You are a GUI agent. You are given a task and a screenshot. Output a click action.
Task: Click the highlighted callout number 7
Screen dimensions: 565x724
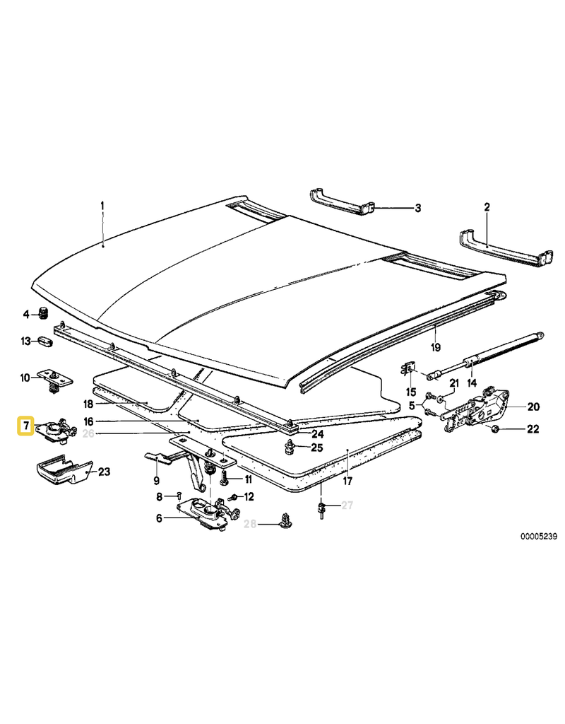point(26,425)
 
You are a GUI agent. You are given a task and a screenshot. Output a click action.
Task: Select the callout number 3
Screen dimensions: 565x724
point(418,209)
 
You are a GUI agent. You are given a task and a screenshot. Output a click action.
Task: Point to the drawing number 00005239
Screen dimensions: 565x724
point(539,537)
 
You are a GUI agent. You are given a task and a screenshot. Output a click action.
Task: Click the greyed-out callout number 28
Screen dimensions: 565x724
point(249,524)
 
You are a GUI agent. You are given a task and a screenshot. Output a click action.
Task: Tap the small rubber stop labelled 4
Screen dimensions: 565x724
point(44,314)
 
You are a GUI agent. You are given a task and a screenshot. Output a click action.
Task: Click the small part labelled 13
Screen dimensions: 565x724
point(45,341)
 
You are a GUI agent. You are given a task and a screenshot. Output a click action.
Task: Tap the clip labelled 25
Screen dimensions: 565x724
point(290,447)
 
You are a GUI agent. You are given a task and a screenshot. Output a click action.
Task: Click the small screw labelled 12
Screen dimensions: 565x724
point(233,497)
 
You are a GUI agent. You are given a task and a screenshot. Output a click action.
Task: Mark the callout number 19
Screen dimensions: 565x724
point(436,346)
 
